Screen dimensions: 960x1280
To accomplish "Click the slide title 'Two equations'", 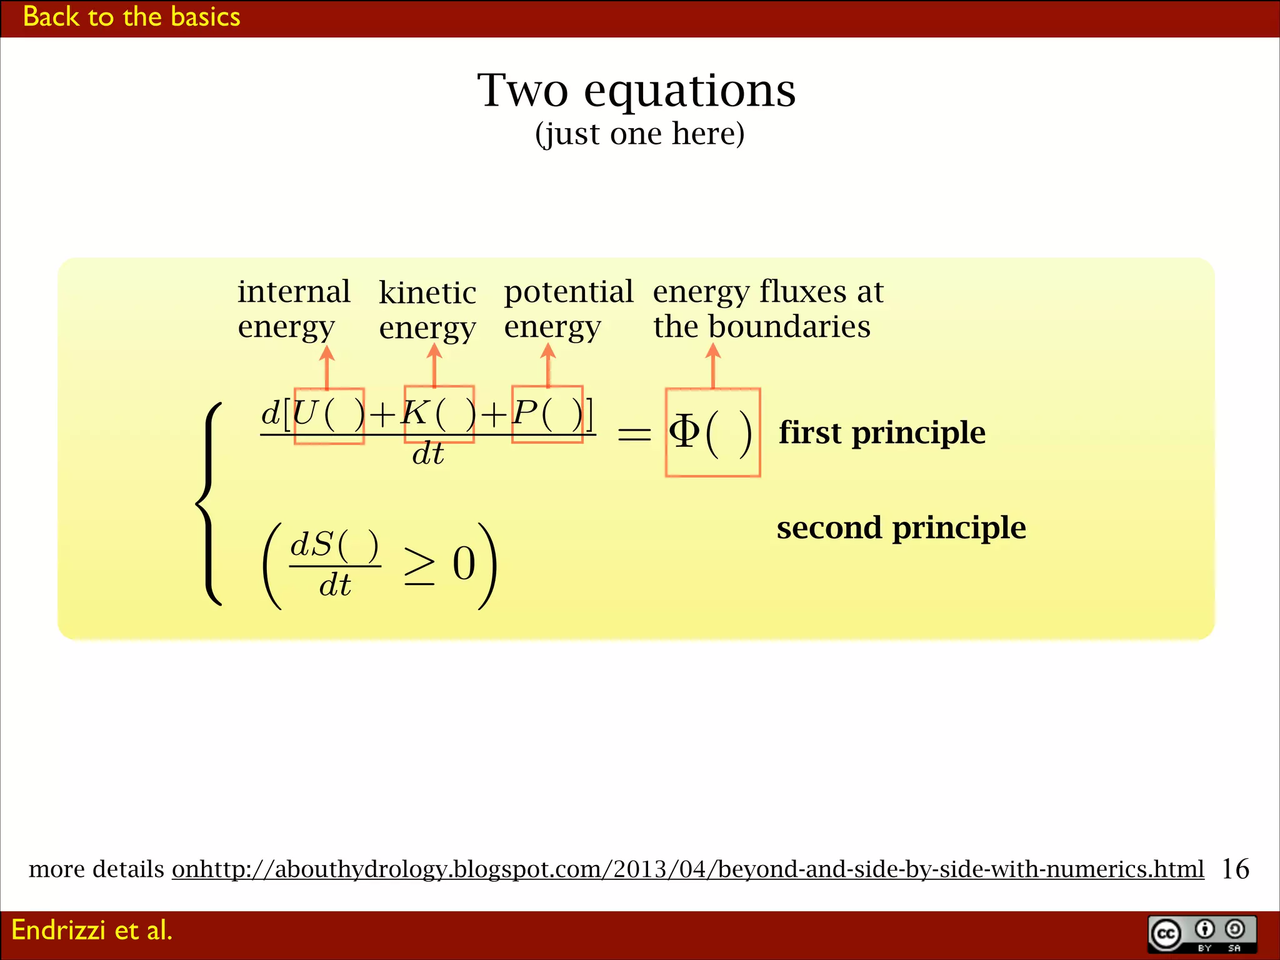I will pyautogui.click(x=636, y=91).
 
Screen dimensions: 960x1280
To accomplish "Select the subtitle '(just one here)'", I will pyautogui.click(x=639, y=134).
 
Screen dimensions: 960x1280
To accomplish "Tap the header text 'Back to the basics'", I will pyautogui.click(x=131, y=17).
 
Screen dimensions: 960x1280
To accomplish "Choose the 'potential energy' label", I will pyautogui.click(x=568, y=309).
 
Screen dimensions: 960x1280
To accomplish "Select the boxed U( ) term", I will pyautogui.click(x=329, y=415).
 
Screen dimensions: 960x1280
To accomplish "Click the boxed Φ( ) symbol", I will pyautogui.click(x=712, y=432).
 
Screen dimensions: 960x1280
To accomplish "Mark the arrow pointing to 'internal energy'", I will pyautogui.click(x=327, y=367).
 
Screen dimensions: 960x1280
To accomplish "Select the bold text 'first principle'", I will pyautogui.click(x=882, y=432).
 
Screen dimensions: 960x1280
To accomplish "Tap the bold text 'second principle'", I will pyautogui.click(x=901, y=527).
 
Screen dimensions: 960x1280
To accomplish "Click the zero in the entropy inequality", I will pyautogui.click(x=464, y=564).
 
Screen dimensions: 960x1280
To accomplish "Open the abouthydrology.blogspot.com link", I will pyautogui.click(x=687, y=869).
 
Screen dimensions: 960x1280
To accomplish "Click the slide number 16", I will pyautogui.click(x=1235, y=869).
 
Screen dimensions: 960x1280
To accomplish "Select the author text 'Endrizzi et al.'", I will pyautogui.click(x=92, y=930).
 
